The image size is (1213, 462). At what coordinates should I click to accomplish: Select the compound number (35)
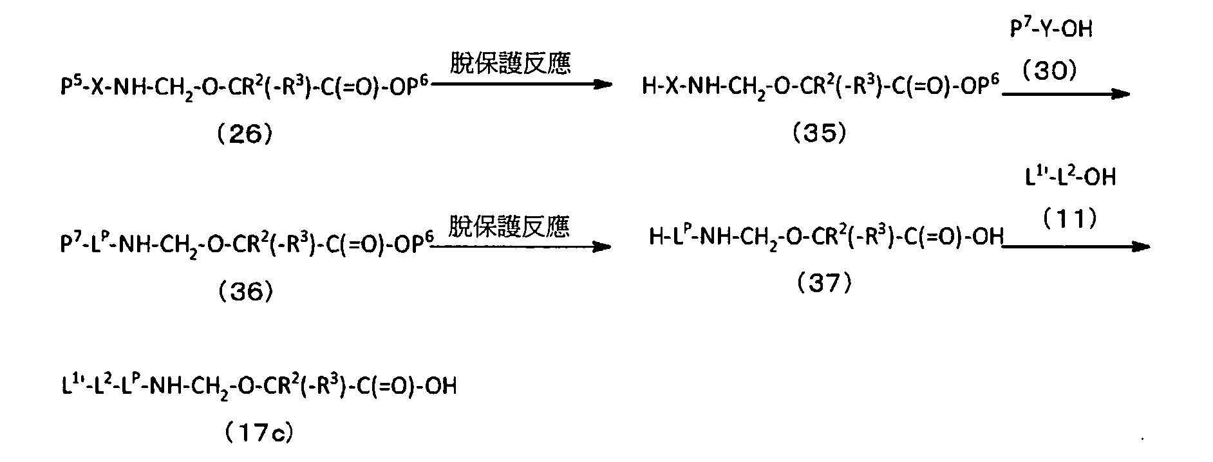click(x=820, y=133)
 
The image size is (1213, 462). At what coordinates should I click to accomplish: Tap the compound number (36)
click(x=246, y=293)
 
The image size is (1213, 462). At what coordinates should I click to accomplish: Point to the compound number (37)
click(x=825, y=283)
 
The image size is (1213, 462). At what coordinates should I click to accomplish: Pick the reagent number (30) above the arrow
click(x=1050, y=71)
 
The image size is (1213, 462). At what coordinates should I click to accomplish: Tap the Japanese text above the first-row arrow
click(x=509, y=64)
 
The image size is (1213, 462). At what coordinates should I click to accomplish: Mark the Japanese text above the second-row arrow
click(x=509, y=226)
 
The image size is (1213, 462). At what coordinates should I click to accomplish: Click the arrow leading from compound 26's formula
click(x=522, y=84)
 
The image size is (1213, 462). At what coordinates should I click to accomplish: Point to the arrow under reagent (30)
click(x=1066, y=94)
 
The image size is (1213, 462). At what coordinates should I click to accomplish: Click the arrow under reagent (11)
click(x=1077, y=246)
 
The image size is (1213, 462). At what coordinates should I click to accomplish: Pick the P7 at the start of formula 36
click(x=68, y=246)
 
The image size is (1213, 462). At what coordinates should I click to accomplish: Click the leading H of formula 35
click(x=649, y=86)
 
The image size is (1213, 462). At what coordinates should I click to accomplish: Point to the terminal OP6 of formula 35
click(x=983, y=85)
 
